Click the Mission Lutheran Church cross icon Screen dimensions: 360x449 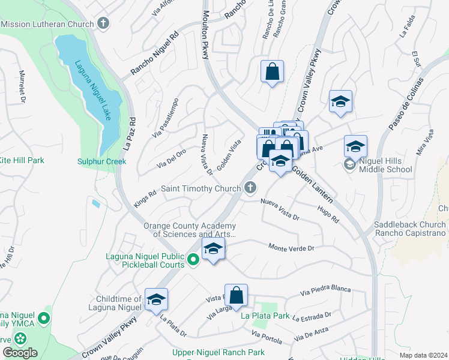coord(103,23)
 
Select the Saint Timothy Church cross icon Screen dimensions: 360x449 coord(251,188)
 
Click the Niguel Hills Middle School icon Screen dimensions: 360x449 coord(349,164)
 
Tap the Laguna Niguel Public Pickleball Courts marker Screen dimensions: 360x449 coord(193,260)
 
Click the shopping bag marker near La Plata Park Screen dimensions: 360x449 coord(237,296)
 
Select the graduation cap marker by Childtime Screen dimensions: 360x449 coord(156,299)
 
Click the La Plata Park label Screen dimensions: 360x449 coord(265,316)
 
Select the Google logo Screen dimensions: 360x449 coord(20,353)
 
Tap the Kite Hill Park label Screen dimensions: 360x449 coord(22,160)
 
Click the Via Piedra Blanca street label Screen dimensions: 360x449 coord(325,290)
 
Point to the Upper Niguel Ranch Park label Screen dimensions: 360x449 coord(218,352)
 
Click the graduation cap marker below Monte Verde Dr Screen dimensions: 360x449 coord(213,249)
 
